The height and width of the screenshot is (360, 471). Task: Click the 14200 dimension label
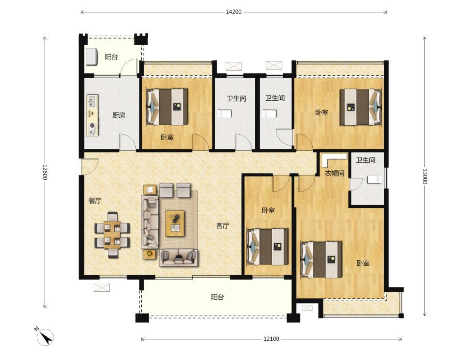point(234,12)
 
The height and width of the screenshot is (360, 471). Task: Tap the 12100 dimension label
point(271,339)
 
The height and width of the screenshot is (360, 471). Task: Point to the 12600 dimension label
point(45,172)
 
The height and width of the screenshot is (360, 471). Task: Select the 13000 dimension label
point(424,176)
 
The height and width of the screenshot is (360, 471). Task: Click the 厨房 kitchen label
point(119,115)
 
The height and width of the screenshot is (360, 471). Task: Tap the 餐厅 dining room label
point(95,200)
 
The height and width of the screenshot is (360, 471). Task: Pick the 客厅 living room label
point(223,225)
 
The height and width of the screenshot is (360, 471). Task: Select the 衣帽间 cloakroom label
point(334,173)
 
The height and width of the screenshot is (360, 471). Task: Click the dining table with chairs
point(113,235)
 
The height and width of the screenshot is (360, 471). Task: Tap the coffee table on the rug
point(175,223)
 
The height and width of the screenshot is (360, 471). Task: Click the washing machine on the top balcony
point(92,56)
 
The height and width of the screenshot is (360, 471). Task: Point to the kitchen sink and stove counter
point(92,115)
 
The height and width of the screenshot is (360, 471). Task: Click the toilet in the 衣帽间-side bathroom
point(374,179)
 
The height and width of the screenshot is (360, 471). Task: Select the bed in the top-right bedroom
point(361,107)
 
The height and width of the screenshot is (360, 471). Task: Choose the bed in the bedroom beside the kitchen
point(167,106)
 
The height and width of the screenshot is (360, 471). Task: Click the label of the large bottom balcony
point(218,297)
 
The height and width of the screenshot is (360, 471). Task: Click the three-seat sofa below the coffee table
point(179,257)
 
